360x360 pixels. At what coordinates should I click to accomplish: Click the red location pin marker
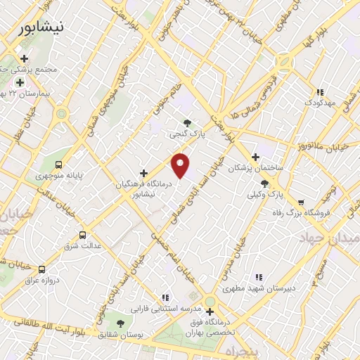(x=181, y=165)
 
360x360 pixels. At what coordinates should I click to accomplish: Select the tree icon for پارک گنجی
(x=186, y=123)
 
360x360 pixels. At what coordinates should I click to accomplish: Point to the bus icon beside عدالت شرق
(x=83, y=235)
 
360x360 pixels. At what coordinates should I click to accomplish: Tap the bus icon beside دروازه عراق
(x=42, y=269)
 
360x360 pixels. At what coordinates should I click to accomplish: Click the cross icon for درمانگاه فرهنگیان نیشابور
(x=143, y=172)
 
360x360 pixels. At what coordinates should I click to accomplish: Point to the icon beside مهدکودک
(x=320, y=91)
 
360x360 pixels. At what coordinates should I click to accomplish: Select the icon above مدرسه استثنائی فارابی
(x=165, y=297)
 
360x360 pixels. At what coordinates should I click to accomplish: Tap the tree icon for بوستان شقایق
(x=120, y=323)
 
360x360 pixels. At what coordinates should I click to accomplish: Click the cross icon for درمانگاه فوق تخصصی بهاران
(x=209, y=311)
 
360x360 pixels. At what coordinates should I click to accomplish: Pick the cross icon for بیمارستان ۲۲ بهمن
(x=20, y=82)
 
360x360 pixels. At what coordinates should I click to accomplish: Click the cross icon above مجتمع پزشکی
(x=25, y=58)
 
